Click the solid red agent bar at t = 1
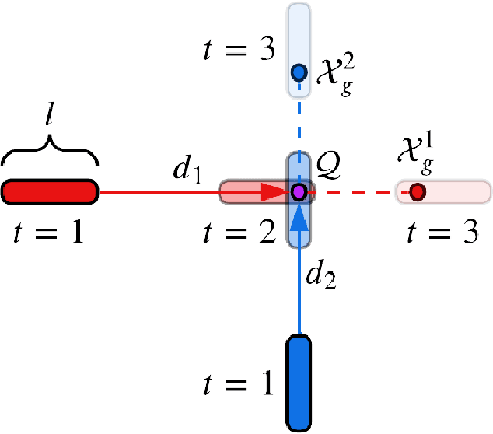click(x=50, y=191)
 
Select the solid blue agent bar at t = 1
click(x=299, y=382)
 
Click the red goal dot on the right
click(x=418, y=191)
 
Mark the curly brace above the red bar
click(x=50, y=152)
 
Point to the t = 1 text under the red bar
click(x=48, y=231)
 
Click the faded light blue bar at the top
click(x=299, y=31)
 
